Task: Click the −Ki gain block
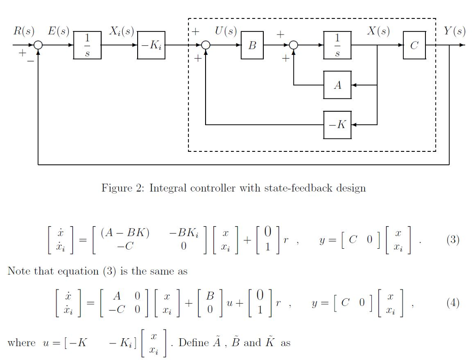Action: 151,46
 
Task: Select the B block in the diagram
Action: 252,46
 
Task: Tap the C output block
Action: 414,46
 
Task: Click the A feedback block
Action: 337,85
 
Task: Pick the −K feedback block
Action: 337,125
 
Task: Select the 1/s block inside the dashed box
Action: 337,46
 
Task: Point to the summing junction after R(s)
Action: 38,46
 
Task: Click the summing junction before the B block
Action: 206,46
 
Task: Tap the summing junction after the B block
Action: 293,46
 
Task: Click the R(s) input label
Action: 24,31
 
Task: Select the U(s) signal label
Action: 226,31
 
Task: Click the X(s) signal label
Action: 378,31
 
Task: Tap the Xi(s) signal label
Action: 121,31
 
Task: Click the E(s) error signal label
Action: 59,31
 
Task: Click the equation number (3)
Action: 453,240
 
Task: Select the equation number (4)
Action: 453,303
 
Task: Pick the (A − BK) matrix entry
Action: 127,233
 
